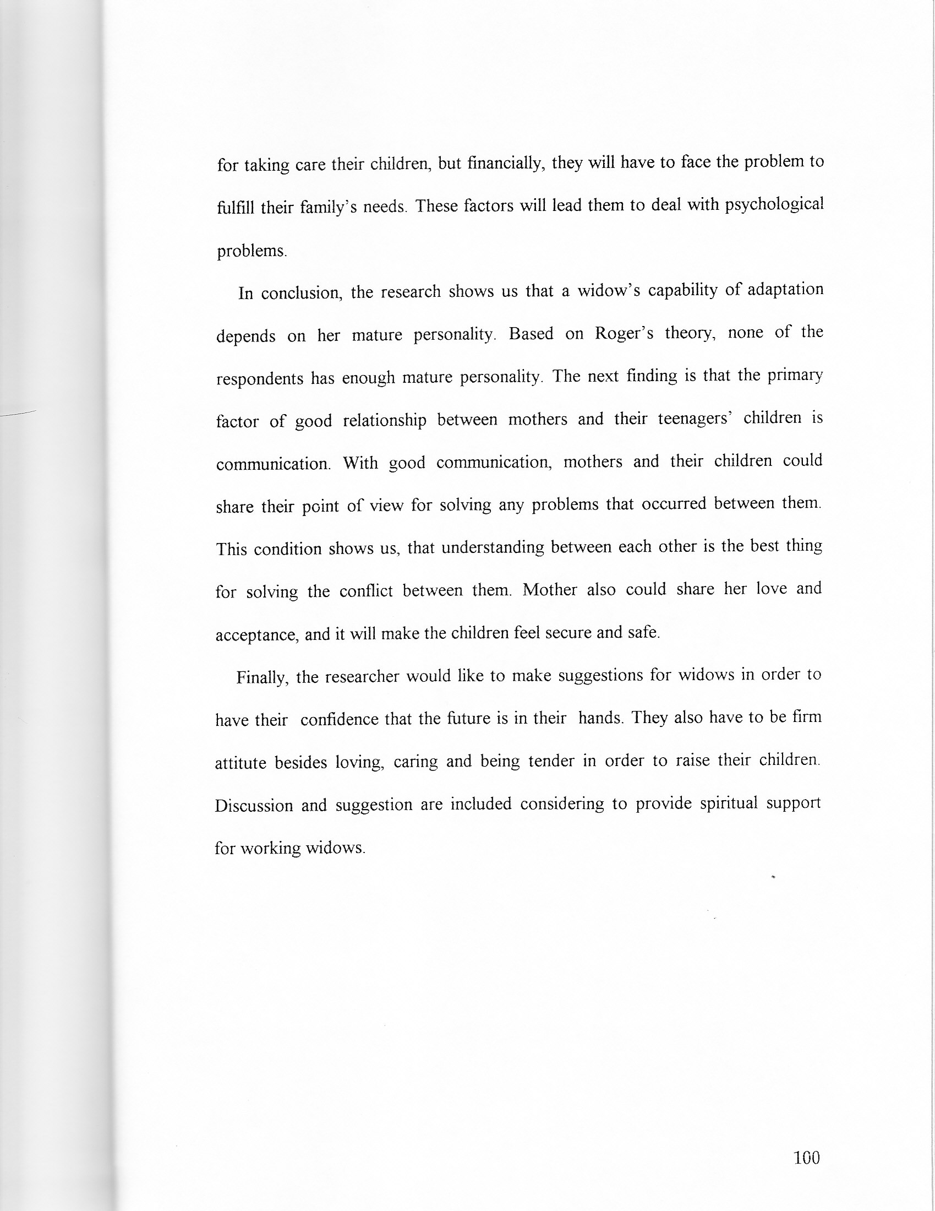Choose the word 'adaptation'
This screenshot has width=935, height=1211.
click(x=785, y=290)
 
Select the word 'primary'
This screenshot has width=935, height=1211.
click(x=795, y=376)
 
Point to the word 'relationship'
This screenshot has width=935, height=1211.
click(x=385, y=421)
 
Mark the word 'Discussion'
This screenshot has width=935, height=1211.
click(x=254, y=805)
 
